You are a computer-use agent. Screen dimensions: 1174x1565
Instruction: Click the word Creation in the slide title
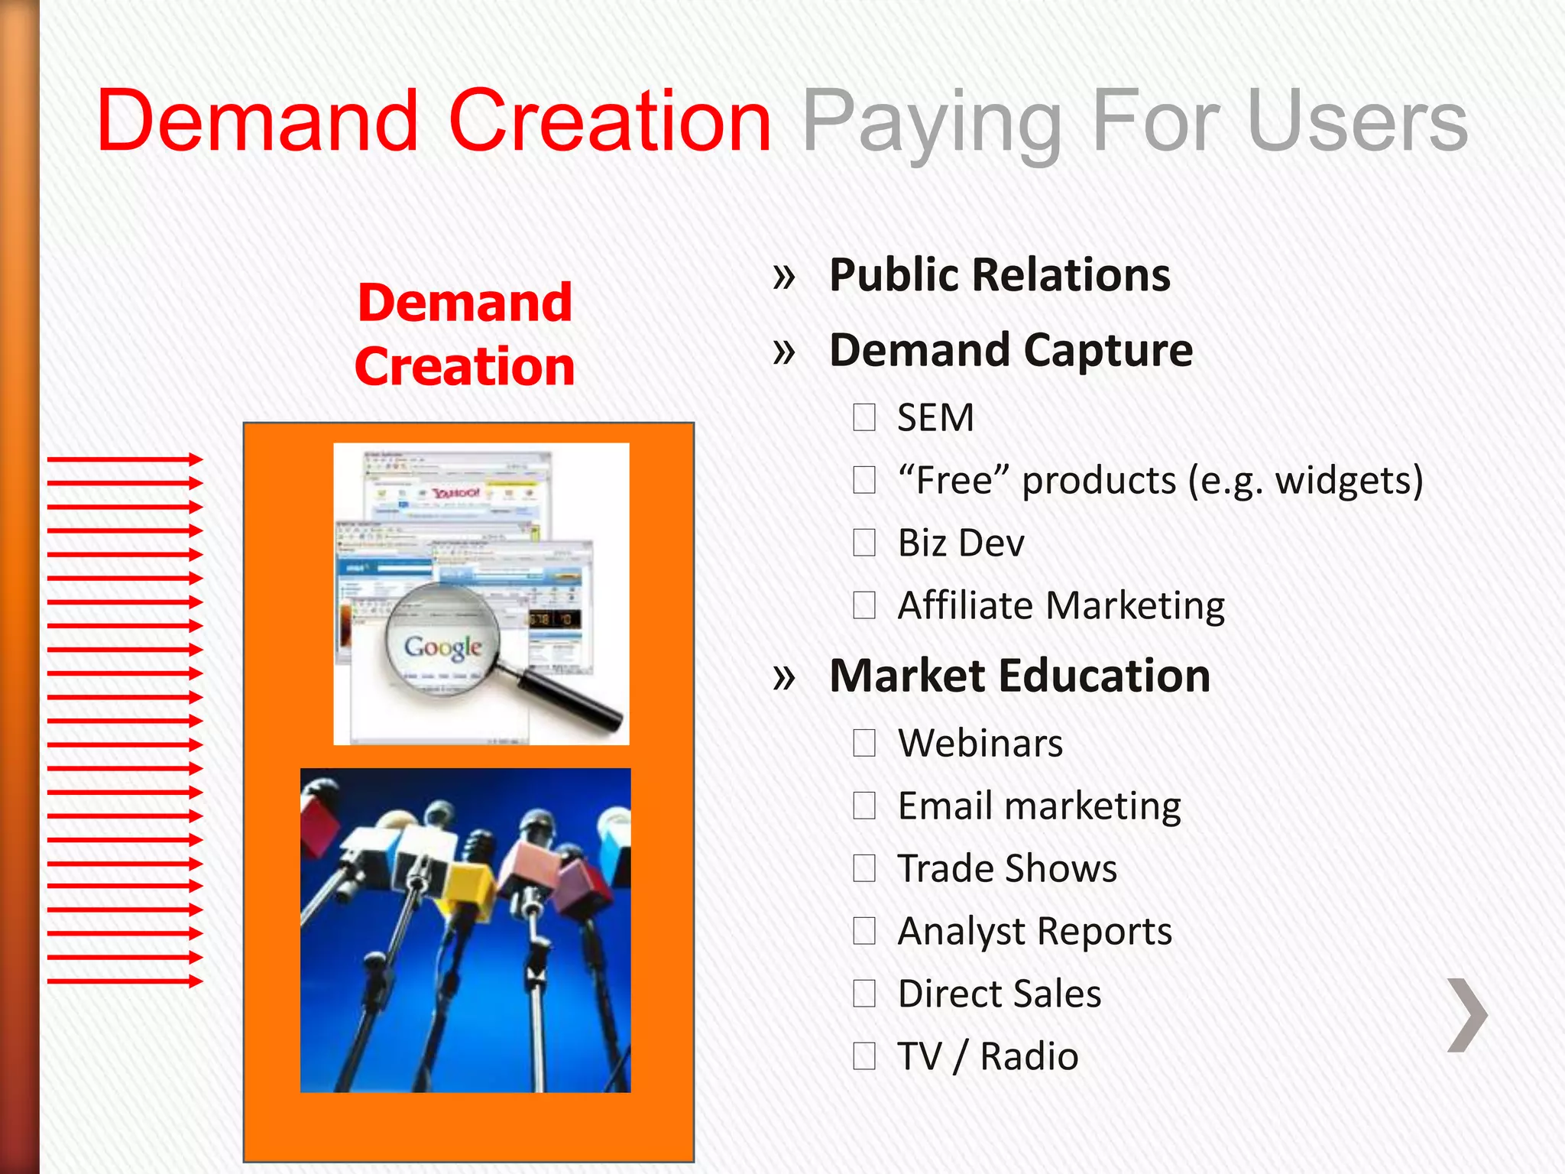pos(610,121)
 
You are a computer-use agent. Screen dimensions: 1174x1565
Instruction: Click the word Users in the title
pos(1357,121)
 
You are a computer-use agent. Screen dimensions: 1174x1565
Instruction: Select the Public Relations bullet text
pos(1000,275)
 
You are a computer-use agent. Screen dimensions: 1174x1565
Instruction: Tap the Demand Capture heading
pos(1010,350)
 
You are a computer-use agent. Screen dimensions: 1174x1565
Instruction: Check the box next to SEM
pos(864,418)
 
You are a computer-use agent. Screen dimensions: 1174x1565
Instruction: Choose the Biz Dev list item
pos(961,543)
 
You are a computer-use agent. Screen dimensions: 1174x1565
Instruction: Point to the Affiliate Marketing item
pos(1061,606)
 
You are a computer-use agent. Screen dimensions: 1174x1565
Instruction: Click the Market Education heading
pos(1019,676)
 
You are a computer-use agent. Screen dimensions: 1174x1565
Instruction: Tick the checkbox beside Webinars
pos(864,744)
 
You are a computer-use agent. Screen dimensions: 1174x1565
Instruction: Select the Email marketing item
pos(1038,806)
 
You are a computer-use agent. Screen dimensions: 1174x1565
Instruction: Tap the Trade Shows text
pos(1006,869)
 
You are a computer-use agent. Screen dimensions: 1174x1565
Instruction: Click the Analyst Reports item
pos(1034,932)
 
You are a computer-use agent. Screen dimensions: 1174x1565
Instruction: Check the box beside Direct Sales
pos(864,994)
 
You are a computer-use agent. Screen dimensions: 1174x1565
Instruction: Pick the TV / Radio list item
pos(987,1057)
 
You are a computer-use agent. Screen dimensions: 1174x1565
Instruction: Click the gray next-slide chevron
pos(1467,1015)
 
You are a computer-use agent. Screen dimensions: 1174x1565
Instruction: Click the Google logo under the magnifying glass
pos(443,647)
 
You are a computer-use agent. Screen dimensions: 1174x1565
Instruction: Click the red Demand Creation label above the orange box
pos(465,335)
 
